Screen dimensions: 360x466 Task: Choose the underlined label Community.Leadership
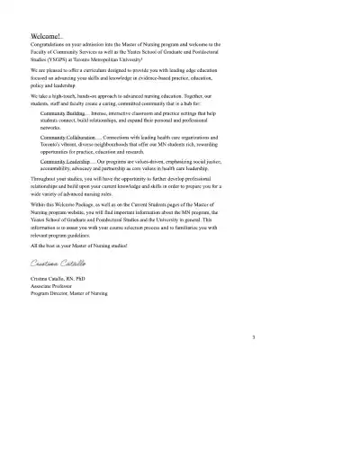point(64,160)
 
